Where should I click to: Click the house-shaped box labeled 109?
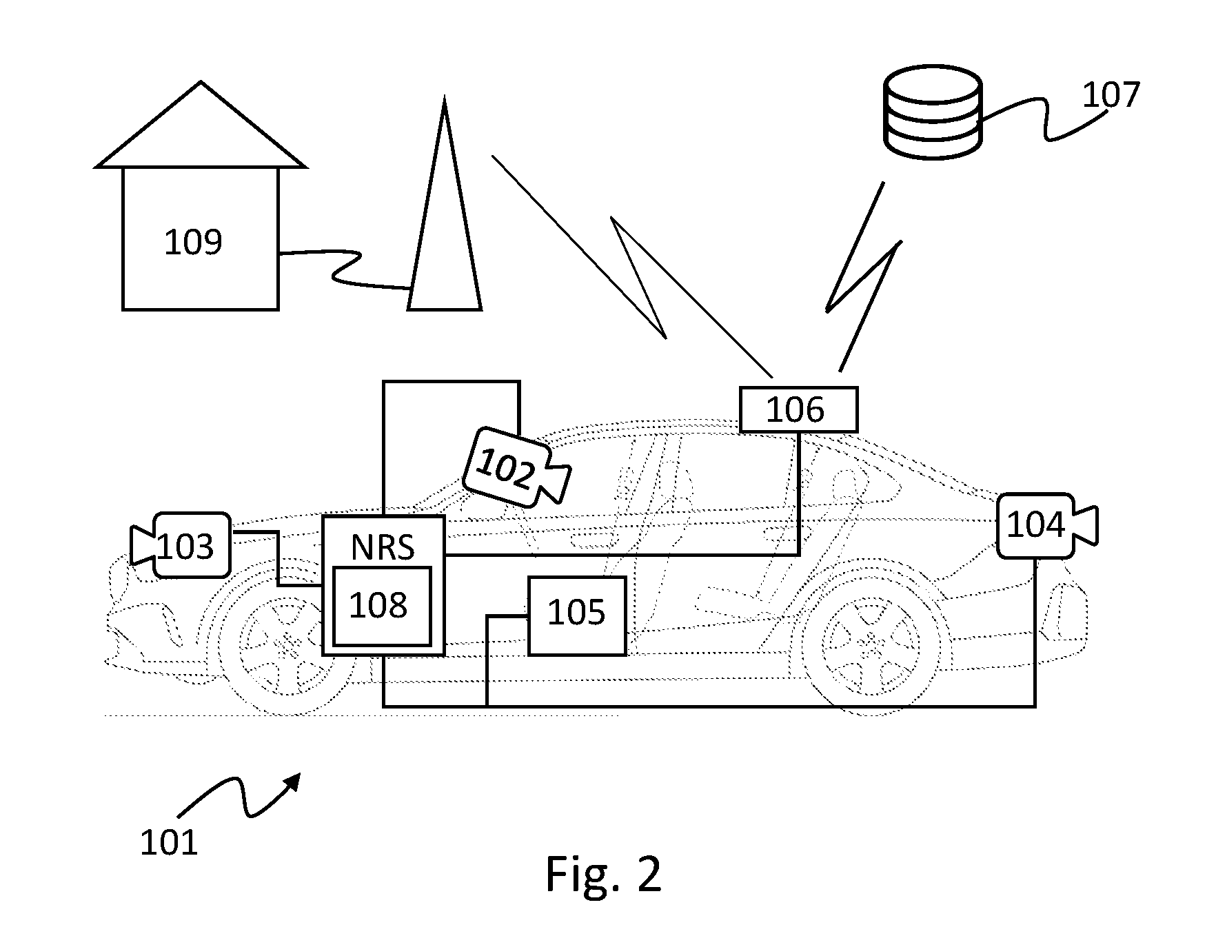coord(200,238)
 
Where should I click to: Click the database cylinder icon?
coord(932,111)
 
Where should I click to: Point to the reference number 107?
coord(1111,95)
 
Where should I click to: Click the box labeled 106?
coord(798,409)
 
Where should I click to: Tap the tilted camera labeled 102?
coord(516,466)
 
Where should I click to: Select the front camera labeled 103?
coord(181,545)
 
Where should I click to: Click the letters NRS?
coord(383,547)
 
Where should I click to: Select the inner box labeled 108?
coord(382,606)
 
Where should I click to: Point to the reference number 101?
coord(169,842)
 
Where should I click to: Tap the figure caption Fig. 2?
coord(603,874)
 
